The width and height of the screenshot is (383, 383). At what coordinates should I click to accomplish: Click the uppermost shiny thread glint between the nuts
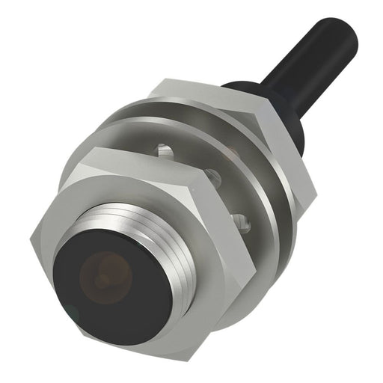[166, 152]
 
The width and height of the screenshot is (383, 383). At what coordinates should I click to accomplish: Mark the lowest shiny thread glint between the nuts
[241, 219]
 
